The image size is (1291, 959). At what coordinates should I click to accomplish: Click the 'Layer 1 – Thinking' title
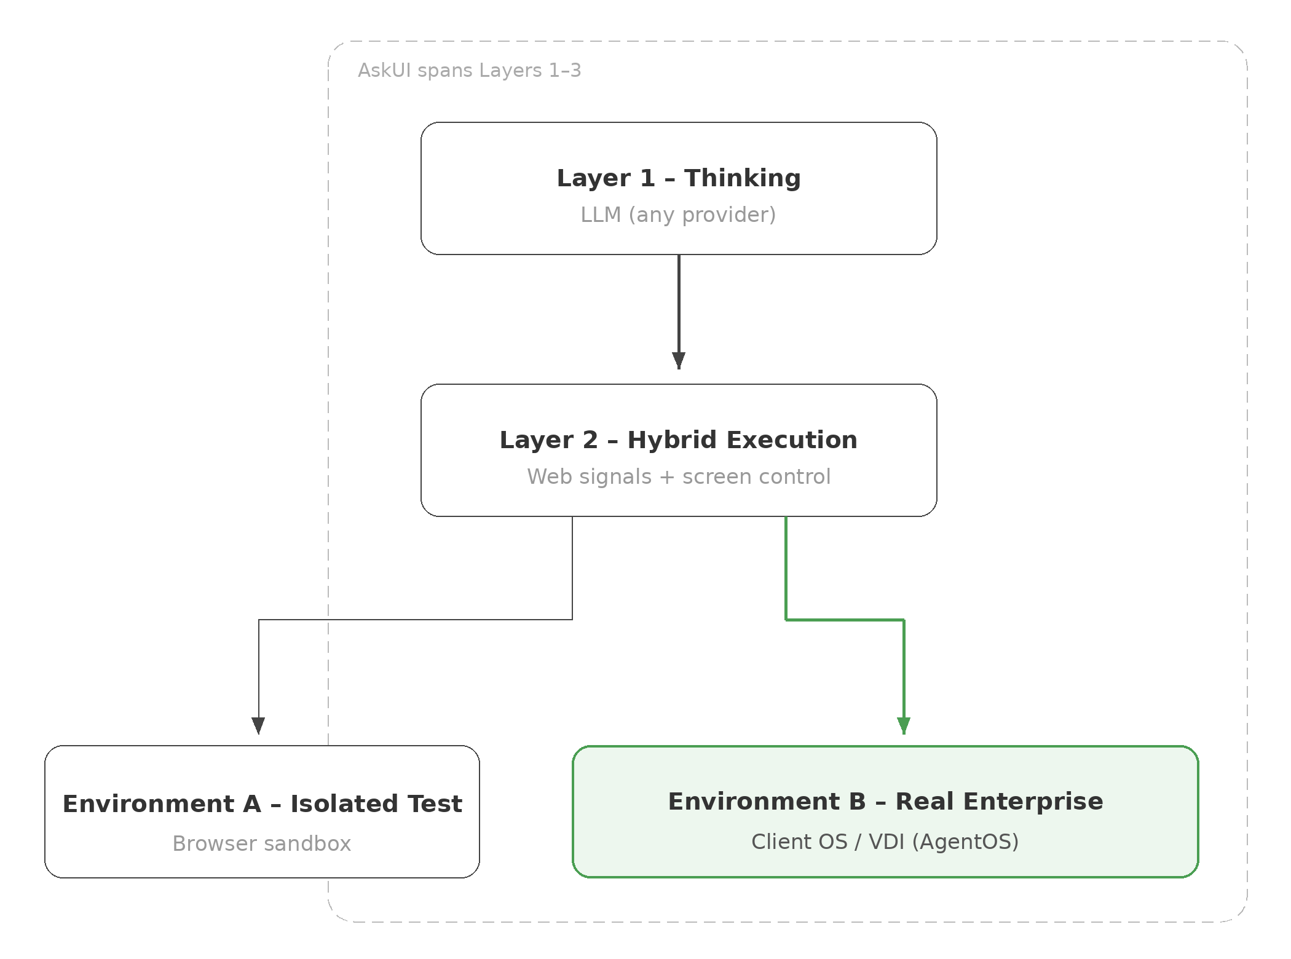tap(679, 178)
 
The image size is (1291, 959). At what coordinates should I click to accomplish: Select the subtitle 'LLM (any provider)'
tap(679, 215)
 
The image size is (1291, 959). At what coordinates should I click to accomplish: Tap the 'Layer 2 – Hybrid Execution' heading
tap(679, 440)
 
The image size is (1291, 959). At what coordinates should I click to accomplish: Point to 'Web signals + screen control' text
tap(679, 476)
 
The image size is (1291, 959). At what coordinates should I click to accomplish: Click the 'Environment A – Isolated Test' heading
tap(263, 804)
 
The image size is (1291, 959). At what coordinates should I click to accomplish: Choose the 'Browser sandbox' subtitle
tap(262, 843)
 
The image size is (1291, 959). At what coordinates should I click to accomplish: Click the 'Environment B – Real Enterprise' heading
tap(885, 802)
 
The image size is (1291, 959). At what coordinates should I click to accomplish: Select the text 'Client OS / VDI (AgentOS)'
tap(885, 842)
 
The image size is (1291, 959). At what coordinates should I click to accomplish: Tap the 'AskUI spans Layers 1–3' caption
tap(469, 71)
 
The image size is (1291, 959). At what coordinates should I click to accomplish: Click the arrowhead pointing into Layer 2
tap(679, 360)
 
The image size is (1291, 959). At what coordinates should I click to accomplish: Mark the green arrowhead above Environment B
tap(904, 725)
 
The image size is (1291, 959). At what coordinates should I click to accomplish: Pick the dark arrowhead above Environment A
tap(259, 725)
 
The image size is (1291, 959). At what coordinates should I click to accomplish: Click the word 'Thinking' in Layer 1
tap(743, 178)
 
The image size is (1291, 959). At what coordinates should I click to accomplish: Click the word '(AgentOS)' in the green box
tap(965, 842)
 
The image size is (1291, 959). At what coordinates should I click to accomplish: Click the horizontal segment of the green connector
tap(845, 620)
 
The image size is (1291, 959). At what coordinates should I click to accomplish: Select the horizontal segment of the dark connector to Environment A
tap(416, 620)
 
